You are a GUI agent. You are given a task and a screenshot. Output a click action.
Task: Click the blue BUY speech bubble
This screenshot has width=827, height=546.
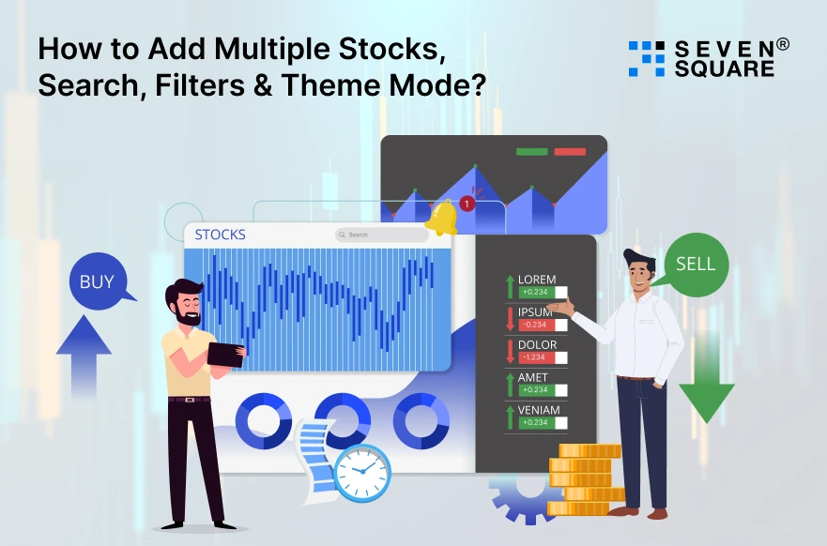coord(98,280)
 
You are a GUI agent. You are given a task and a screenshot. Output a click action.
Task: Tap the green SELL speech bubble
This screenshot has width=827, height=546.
coord(696,263)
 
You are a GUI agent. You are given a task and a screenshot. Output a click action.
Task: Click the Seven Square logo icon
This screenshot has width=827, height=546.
coord(646,58)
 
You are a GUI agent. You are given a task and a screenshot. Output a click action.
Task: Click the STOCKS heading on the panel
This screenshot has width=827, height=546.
coord(221,235)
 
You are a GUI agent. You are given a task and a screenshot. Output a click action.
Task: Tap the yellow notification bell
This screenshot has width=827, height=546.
coord(441,217)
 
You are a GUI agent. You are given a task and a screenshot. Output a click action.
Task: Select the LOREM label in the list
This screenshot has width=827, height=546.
coord(537,279)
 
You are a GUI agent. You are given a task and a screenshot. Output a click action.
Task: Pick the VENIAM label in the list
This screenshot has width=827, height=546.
coord(539,410)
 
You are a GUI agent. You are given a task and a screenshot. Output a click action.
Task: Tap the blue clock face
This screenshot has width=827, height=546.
coord(362,472)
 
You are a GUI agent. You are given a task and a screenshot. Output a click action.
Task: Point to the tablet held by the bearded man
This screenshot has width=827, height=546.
coord(225,354)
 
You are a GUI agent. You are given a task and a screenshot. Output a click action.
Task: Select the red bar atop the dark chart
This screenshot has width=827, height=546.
coord(569,151)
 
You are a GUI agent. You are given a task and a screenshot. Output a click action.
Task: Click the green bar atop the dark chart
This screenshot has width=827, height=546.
coord(531,151)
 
